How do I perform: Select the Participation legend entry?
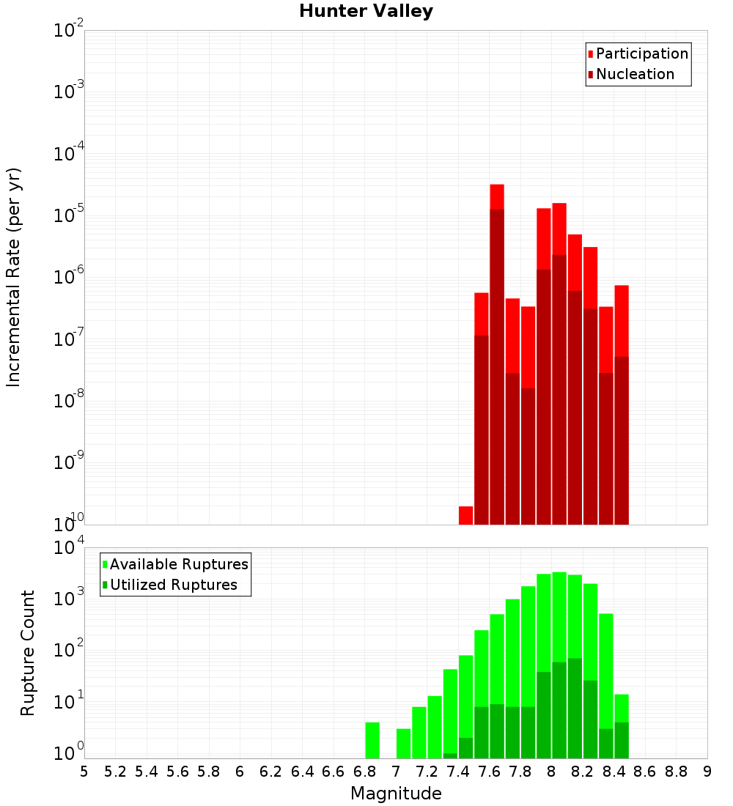tap(642, 53)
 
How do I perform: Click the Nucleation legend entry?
tap(635, 74)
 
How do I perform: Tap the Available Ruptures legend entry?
tap(179, 564)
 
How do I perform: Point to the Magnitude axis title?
tap(396, 794)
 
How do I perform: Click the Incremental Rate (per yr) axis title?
tap(14, 277)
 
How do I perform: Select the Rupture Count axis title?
tap(28, 653)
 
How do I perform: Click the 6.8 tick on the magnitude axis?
tap(365, 772)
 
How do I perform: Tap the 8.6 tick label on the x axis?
tap(645, 772)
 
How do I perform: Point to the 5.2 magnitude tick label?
tap(115, 772)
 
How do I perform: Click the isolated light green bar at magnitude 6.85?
tap(372, 740)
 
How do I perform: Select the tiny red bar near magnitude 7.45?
tap(465, 515)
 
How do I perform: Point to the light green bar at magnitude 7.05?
tap(403, 743)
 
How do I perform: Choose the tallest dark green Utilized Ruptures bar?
tap(575, 708)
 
